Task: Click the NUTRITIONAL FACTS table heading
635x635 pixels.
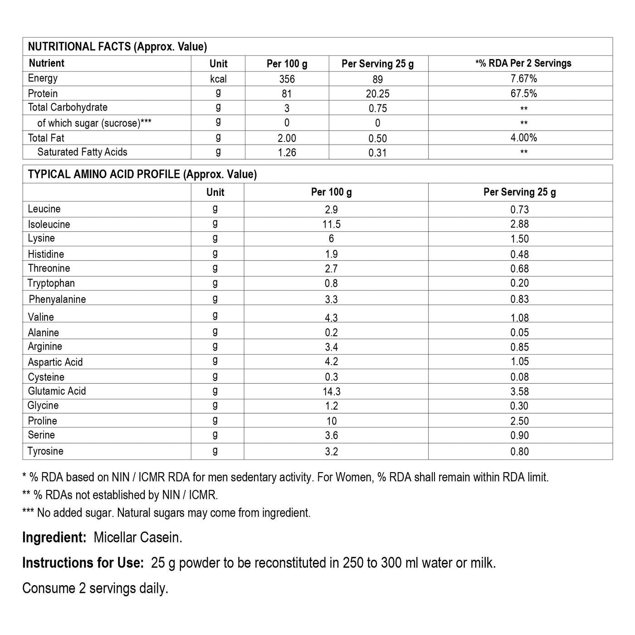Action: pos(117,47)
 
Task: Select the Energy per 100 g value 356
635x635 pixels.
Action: pos(287,79)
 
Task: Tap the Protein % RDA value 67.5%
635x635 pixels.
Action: pos(523,93)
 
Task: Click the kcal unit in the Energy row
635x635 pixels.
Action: pos(218,79)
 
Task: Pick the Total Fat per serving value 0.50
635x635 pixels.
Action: pos(377,138)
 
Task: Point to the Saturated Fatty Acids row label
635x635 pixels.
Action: pos(82,152)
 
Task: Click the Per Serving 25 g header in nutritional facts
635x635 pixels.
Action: pos(377,63)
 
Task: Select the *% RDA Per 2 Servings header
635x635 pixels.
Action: pos(523,63)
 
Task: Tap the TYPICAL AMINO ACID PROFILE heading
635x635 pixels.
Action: pos(142,175)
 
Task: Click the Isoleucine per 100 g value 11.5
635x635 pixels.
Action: pos(331,224)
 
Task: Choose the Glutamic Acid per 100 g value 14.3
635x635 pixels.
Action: pos(331,391)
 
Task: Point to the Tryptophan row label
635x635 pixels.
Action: pos(51,283)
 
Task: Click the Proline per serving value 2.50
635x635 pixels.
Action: pos(519,421)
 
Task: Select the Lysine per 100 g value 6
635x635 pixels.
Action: pos(331,239)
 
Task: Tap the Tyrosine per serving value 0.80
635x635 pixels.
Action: pos(519,451)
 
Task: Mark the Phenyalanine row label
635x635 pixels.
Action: pos(57,299)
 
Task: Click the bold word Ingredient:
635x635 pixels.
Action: pos(54,538)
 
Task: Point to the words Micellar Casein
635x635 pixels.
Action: pos(138,538)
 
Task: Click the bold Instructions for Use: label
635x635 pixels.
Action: pos(83,563)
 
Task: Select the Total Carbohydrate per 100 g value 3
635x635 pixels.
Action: pos(287,108)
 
